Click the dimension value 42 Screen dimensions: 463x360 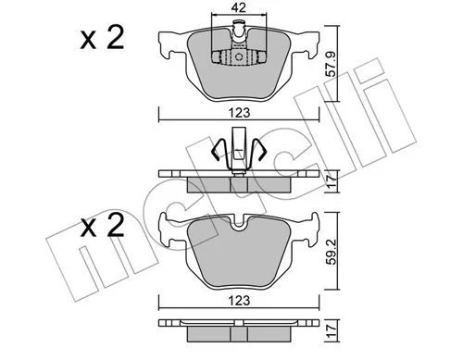pyautogui.click(x=239, y=7)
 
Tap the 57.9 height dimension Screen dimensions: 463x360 pyautogui.click(x=332, y=64)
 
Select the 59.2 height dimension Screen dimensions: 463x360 pyautogui.click(x=332, y=251)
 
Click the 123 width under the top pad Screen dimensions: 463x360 pyautogui.click(x=239, y=112)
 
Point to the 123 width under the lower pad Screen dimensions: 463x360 pyautogui.click(x=239, y=300)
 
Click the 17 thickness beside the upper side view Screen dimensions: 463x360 pyautogui.click(x=332, y=182)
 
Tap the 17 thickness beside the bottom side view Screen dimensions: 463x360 pyautogui.click(x=332, y=331)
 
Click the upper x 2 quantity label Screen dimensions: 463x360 pyautogui.click(x=102, y=38)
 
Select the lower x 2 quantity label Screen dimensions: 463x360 pyautogui.click(x=102, y=226)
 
